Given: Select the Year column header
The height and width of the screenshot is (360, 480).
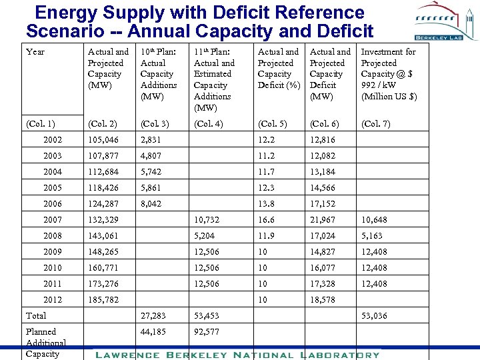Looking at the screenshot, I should tap(35, 51).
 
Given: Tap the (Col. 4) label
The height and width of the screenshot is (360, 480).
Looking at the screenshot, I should tap(209, 123).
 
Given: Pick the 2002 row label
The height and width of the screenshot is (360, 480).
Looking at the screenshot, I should tap(52, 139).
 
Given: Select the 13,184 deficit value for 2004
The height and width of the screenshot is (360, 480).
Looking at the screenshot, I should tap(323, 171).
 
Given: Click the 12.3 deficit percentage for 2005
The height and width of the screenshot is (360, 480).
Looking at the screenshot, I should tap(267, 187).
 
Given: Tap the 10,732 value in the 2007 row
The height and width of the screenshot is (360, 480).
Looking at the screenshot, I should tap(206, 219).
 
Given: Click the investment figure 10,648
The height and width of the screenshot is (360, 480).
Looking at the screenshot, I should tap(374, 219).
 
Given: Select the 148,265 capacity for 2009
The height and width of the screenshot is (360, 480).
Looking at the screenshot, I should tap(103, 251).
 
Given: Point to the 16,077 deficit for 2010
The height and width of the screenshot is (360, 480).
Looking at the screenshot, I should tap(323, 267).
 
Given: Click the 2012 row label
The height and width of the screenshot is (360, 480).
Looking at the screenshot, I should tap(52, 299).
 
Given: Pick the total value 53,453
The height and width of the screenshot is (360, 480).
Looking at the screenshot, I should tap(206, 315).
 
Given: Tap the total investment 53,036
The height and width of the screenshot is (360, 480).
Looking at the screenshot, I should tap(374, 315).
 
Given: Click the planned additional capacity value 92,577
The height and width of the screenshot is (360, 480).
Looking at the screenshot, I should tap(206, 331).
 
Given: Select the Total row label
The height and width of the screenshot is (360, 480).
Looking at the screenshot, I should tap(36, 315).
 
